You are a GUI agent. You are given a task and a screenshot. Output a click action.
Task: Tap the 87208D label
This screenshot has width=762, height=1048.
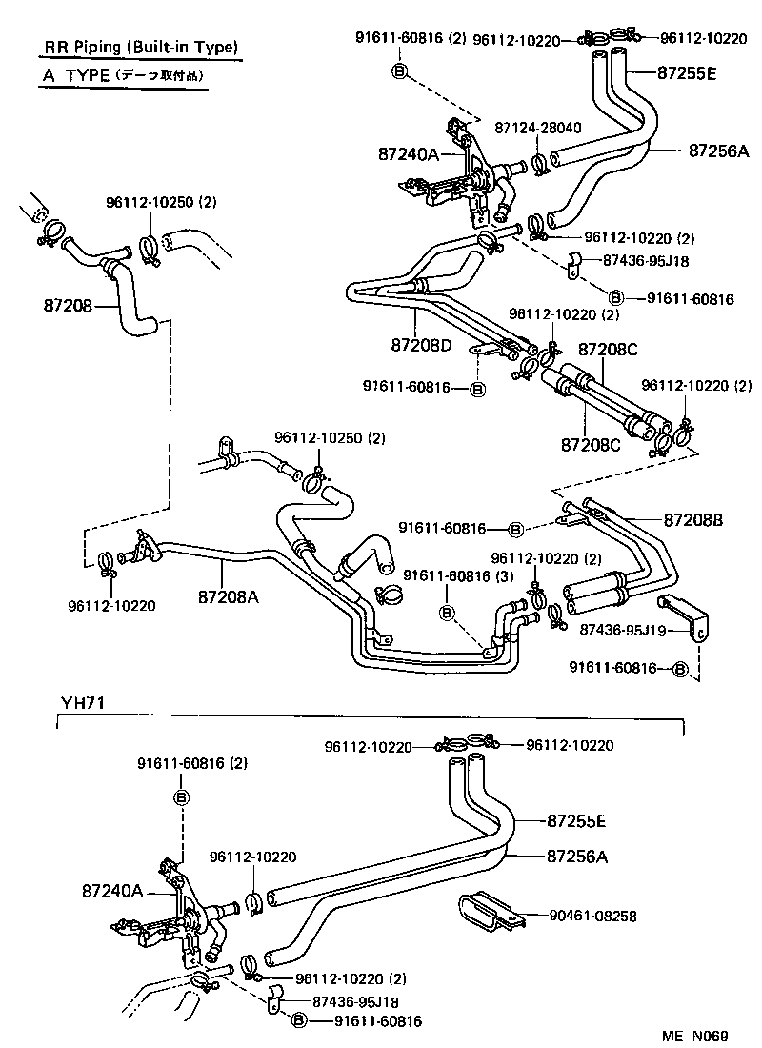pyautogui.click(x=420, y=344)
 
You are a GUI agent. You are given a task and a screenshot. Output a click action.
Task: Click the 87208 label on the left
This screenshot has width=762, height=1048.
pyautogui.click(x=68, y=306)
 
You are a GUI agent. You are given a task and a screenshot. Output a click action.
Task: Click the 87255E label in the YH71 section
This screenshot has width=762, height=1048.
pyautogui.click(x=577, y=819)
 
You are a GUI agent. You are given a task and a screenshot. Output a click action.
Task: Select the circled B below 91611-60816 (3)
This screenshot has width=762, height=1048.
pyautogui.click(x=445, y=613)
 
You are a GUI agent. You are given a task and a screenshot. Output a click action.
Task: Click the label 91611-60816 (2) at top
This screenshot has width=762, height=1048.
pyautogui.click(x=411, y=39)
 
